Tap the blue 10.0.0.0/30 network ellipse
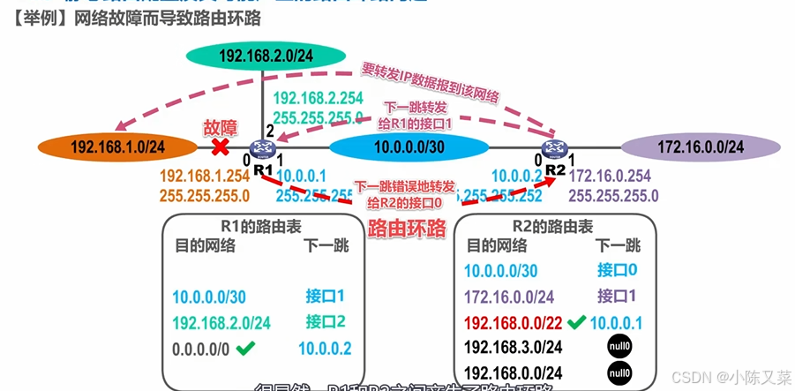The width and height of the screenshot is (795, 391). [x=409, y=147]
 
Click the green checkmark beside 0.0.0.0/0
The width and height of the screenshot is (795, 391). [x=245, y=350]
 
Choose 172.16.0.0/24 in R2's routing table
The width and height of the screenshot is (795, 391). [x=508, y=297]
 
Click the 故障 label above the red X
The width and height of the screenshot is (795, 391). [x=221, y=126]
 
